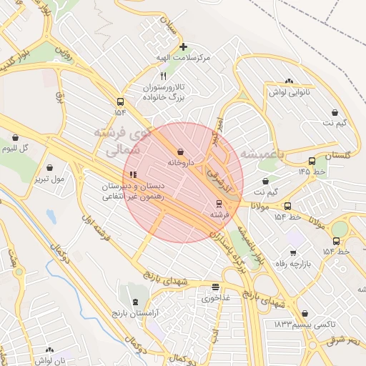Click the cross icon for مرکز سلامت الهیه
click(183, 46)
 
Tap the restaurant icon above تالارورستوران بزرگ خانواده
click(164, 76)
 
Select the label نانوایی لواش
click(289, 92)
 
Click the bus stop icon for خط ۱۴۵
click(312, 161)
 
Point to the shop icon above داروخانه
click(179, 152)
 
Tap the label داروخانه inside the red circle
click(181, 163)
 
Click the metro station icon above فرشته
click(219, 203)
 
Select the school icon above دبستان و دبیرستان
click(132, 174)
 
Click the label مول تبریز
click(49, 178)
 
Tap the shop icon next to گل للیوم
click(14, 137)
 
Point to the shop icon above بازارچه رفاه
click(293, 252)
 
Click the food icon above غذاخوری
click(215, 287)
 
